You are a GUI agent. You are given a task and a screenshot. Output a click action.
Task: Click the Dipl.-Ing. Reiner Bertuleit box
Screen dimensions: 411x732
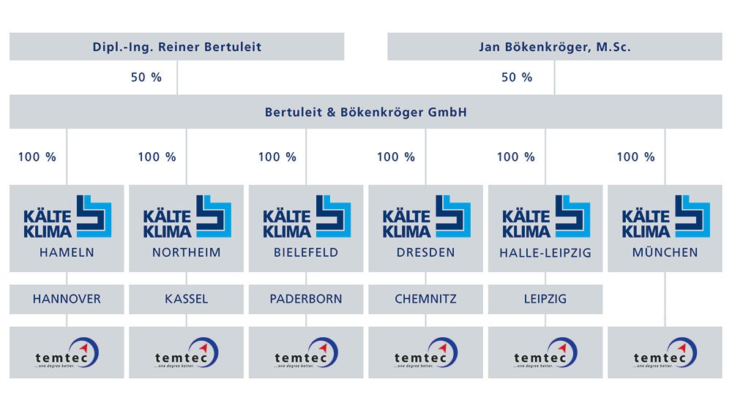point(176,48)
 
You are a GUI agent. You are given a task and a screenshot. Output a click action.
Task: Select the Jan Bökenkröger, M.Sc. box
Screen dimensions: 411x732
point(554,48)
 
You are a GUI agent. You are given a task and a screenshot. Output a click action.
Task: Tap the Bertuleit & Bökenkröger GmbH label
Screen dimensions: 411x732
point(365,113)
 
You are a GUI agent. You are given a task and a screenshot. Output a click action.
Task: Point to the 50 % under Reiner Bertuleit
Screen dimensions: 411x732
point(146,78)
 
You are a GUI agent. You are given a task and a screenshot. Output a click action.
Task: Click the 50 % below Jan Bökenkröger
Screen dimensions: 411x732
point(517,78)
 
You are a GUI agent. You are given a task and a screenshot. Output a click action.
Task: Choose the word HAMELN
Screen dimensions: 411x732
point(67,252)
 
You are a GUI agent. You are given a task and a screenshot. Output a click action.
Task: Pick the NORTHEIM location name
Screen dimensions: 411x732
point(187,252)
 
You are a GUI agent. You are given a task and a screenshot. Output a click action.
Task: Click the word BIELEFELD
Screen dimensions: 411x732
point(306,252)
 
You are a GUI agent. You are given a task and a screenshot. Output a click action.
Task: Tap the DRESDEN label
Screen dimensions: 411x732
point(425,252)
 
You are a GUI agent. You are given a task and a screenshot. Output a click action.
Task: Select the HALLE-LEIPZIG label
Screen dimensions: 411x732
point(545,252)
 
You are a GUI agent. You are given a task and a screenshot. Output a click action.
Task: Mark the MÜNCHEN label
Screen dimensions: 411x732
point(665,252)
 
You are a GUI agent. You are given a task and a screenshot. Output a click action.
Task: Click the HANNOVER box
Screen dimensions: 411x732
point(67,299)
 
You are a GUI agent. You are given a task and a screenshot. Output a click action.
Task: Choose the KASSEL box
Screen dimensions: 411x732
point(187,299)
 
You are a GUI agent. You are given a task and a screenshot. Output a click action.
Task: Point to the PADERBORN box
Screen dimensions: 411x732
point(306,299)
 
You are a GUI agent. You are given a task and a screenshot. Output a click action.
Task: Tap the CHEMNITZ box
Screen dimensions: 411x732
point(426,299)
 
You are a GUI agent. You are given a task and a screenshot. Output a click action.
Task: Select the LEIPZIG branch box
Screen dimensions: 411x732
point(545,299)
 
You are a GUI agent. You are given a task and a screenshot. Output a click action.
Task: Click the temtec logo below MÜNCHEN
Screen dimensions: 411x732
point(665,353)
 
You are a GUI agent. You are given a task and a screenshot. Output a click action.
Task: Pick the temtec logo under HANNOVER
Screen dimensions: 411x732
point(67,353)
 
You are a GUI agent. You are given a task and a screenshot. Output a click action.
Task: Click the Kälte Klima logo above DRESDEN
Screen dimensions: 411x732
point(426,217)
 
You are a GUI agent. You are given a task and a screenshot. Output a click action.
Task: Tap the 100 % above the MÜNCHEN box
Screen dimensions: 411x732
point(636,157)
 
